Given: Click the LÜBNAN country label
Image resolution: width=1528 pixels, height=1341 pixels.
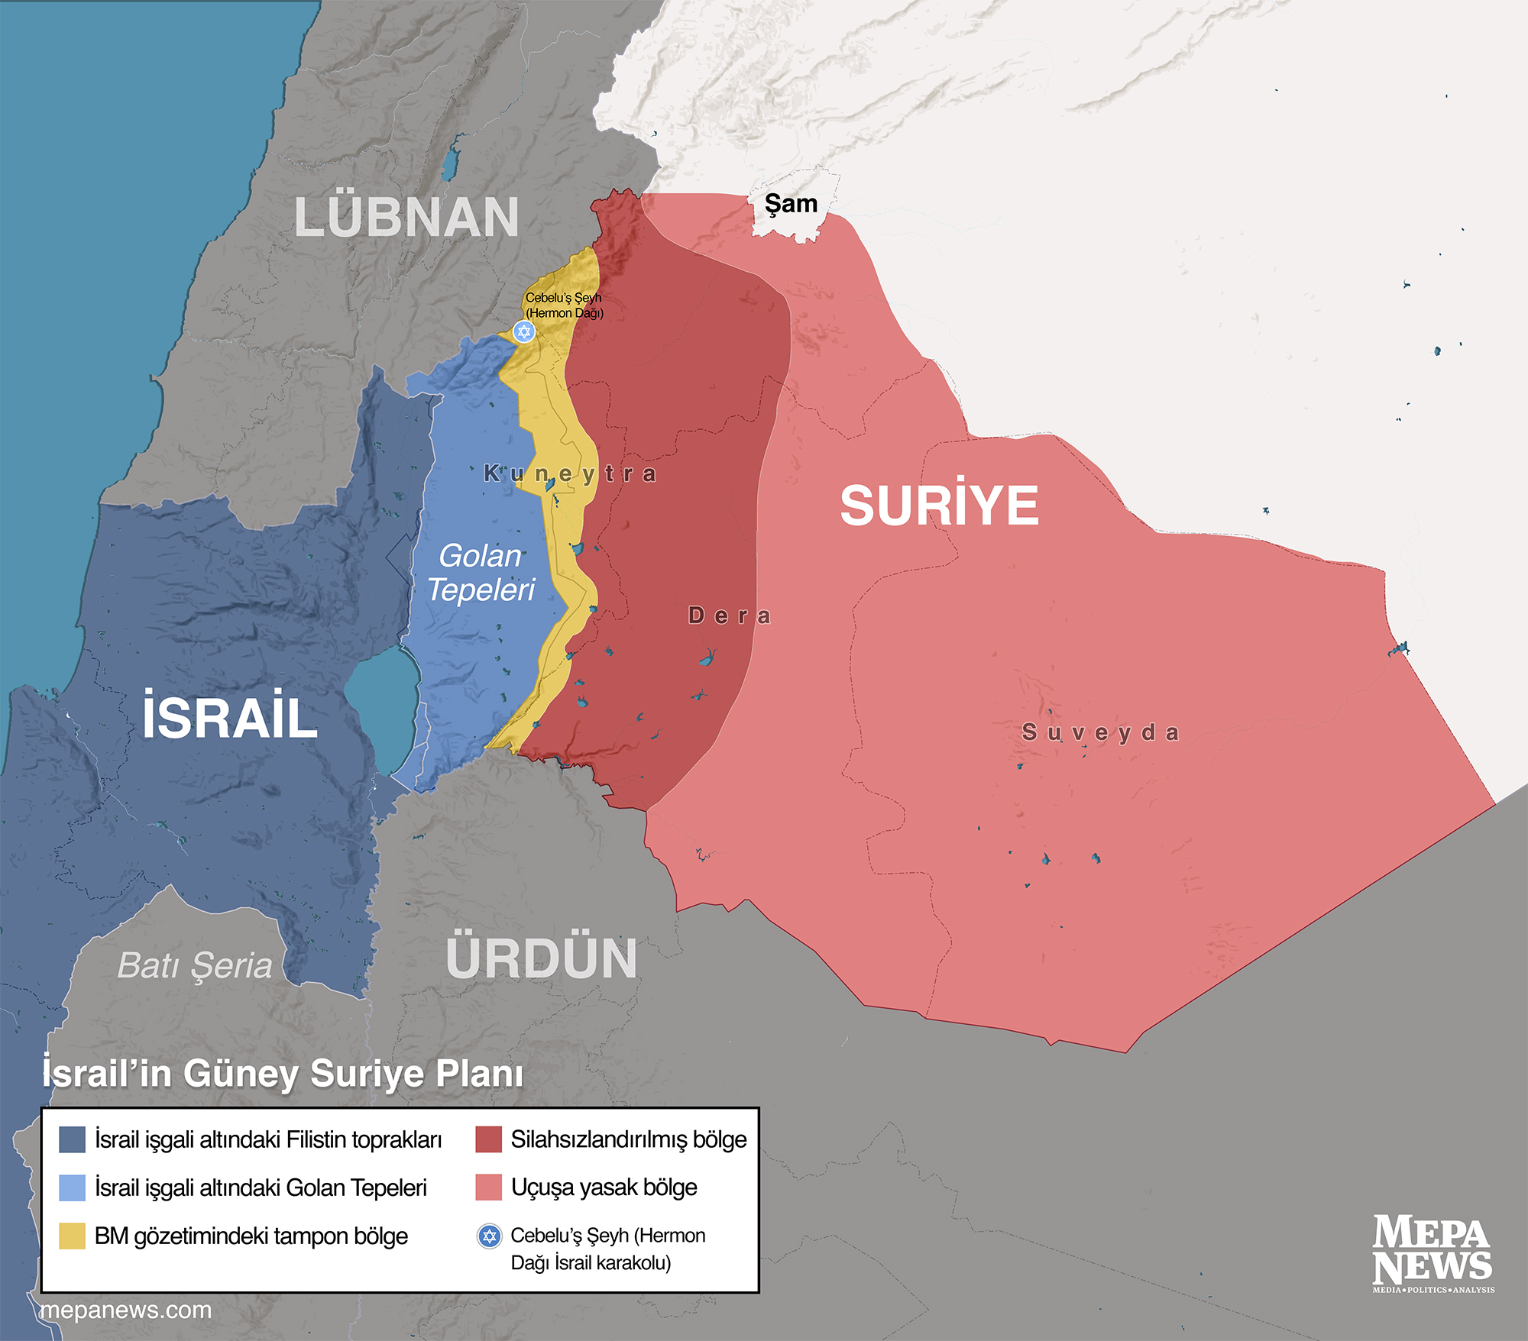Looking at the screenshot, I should click(x=406, y=218).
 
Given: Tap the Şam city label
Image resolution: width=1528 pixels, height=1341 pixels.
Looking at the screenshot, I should click(x=792, y=204).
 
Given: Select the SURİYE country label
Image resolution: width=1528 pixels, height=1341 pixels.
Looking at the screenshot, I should click(x=939, y=506).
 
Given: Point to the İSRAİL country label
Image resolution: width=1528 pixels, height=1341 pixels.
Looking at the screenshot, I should click(x=230, y=716).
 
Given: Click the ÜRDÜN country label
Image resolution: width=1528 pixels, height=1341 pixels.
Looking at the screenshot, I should click(x=541, y=958).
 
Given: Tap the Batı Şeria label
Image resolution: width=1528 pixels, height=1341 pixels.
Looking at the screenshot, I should click(x=195, y=966).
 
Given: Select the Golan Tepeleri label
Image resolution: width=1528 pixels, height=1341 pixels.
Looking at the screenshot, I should click(x=481, y=573).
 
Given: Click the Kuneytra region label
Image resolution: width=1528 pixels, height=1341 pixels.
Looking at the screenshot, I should click(x=570, y=473).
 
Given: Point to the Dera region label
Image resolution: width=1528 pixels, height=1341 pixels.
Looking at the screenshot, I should click(x=730, y=616).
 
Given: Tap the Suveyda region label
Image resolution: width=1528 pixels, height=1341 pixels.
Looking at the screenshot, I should click(x=1101, y=733).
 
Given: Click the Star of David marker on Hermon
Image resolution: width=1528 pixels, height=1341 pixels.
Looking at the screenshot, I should click(x=523, y=331).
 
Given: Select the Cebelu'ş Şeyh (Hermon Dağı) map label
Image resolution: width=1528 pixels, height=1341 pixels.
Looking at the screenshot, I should click(x=564, y=305).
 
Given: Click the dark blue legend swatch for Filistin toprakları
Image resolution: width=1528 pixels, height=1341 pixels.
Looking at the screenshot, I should click(x=72, y=1139).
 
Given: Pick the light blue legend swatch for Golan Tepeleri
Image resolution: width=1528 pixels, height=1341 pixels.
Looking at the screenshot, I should click(x=72, y=1188).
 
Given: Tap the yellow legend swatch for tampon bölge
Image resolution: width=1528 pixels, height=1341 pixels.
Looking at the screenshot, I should click(x=72, y=1236).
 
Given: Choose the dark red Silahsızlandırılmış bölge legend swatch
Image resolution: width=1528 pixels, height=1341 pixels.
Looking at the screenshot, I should click(x=488, y=1139).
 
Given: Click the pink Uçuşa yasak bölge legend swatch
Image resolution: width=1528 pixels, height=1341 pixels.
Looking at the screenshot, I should click(x=488, y=1188).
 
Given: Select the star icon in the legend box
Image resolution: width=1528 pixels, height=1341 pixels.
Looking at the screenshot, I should click(x=489, y=1236).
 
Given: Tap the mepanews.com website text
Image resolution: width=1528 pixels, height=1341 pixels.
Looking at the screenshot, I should click(x=126, y=1310).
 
